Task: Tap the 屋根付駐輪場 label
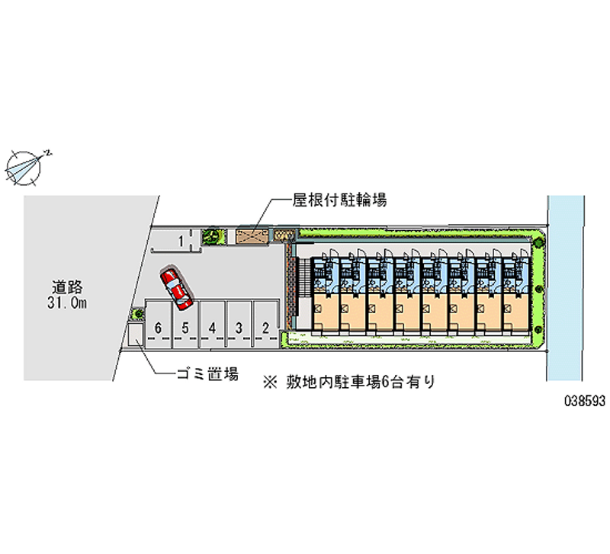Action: pos(339,200)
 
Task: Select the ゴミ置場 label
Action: pos(207,373)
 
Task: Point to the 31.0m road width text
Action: pos(68,304)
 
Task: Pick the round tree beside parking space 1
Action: pos(210,236)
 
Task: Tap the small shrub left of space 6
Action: pos(138,312)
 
